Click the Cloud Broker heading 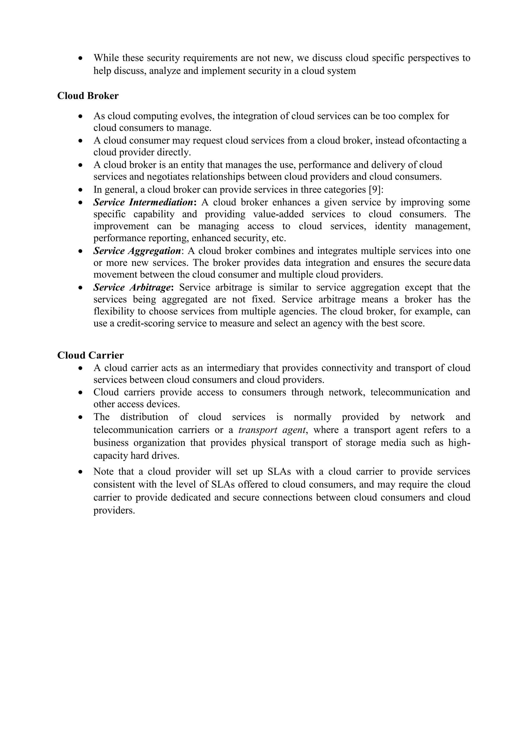(88, 96)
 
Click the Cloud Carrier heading (90, 355)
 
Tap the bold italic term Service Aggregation (137, 251)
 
